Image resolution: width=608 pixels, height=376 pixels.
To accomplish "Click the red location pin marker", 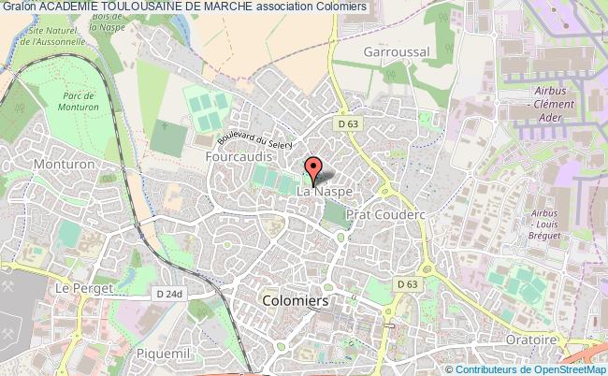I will tap(312, 170).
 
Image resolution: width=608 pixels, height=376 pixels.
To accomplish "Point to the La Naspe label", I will tap(325, 192).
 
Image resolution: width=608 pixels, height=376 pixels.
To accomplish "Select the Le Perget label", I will tap(77, 289).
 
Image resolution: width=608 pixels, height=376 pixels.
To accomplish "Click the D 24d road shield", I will tap(170, 293).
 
